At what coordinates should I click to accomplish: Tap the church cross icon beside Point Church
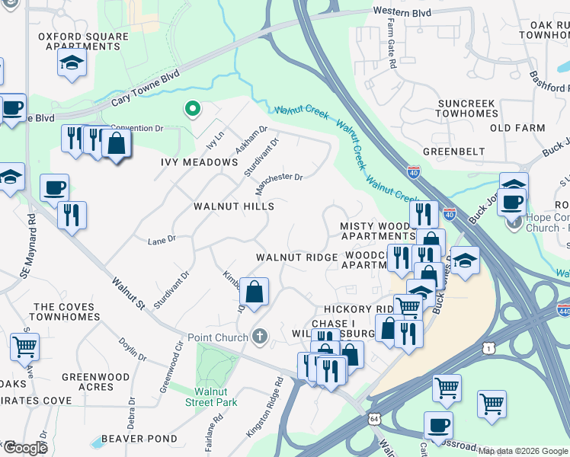point(260,337)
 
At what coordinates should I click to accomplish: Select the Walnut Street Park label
point(215,397)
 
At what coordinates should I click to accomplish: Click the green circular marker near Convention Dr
point(193,110)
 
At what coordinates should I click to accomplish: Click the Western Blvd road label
point(402,13)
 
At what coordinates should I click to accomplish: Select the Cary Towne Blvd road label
point(145,87)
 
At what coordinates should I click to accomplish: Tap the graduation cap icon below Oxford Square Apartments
point(72,62)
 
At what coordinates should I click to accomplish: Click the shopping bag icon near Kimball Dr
point(254,291)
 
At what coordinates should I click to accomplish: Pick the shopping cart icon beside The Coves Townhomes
point(24,346)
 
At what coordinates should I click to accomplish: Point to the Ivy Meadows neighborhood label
point(199,162)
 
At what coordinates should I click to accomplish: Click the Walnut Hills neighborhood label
point(233,206)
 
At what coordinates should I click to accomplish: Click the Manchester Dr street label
point(279,182)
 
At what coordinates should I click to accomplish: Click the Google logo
point(26,448)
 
